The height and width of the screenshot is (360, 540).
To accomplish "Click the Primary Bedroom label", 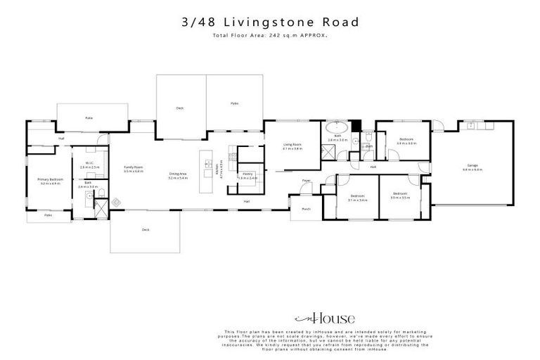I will [x=51, y=180].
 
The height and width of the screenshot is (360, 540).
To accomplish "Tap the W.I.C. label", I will [x=90, y=164].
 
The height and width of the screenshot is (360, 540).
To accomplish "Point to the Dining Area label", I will [x=177, y=174].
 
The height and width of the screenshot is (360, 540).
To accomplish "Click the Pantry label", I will [x=247, y=174].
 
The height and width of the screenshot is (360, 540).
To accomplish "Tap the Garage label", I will [x=472, y=166].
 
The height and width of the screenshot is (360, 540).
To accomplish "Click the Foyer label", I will [x=307, y=181].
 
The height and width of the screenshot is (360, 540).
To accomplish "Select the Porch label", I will [x=306, y=209].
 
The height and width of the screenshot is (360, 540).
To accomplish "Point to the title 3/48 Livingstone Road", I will [x=270, y=22].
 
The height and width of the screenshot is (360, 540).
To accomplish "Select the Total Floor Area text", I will [x=270, y=35].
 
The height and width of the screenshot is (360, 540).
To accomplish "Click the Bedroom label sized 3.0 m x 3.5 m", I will [x=400, y=193].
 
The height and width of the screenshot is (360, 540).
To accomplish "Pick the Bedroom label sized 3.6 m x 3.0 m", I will [x=407, y=140].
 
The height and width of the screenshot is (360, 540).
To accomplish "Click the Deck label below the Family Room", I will [x=146, y=230].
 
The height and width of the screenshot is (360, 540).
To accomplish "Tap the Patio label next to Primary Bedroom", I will [x=48, y=215].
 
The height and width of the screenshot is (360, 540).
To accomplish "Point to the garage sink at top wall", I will [x=470, y=127].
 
